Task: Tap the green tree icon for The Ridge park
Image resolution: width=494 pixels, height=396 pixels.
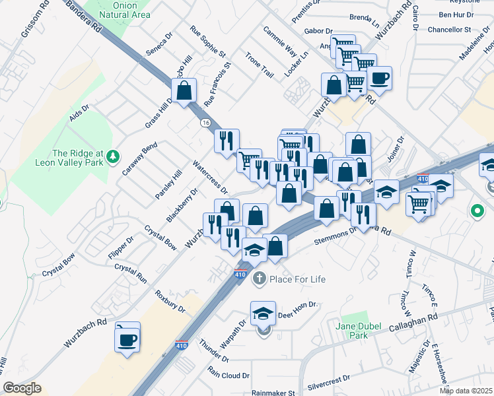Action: [114, 156]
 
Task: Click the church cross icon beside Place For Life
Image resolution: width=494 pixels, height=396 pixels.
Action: [258, 279]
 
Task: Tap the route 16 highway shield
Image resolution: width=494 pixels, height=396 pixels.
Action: [206, 123]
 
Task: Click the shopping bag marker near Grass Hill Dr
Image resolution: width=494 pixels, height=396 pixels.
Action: [184, 90]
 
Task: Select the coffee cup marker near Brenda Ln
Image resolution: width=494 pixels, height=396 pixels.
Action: [379, 79]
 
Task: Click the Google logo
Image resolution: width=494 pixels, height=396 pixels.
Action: [22, 388]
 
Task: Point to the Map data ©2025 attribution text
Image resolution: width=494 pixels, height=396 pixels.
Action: [466, 391]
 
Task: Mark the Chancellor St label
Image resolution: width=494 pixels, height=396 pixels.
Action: [448, 29]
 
